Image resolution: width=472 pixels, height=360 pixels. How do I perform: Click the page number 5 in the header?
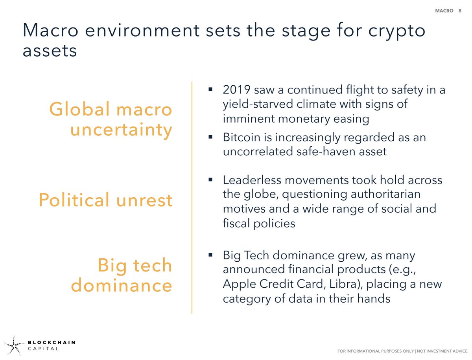pos(460,11)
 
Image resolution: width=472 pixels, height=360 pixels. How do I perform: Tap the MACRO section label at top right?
pos(444,11)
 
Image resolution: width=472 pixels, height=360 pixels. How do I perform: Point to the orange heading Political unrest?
pos(105,200)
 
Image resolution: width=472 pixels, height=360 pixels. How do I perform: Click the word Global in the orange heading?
pos(80,109)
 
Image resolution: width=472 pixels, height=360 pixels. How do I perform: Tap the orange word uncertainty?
pos(121,130)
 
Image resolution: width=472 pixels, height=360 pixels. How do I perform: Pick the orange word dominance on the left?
pos(122,285)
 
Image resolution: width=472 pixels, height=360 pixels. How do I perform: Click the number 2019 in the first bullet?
pos(236,89)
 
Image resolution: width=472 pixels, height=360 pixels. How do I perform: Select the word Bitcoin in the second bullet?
pos(242,137)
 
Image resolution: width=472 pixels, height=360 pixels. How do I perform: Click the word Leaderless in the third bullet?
pos(252,180)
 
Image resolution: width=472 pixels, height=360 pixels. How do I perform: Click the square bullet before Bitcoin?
pos(210,137)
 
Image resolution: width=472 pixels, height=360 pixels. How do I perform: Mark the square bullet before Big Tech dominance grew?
pos(210,255)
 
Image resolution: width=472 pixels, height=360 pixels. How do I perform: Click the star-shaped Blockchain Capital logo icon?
pos(14,345)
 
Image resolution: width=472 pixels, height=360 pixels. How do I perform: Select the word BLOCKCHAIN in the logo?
pos(52,342)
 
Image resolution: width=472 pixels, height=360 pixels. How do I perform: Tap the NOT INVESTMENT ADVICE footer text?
pos(442,351)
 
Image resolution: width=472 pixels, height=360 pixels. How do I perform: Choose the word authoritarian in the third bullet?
pos(385,194)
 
